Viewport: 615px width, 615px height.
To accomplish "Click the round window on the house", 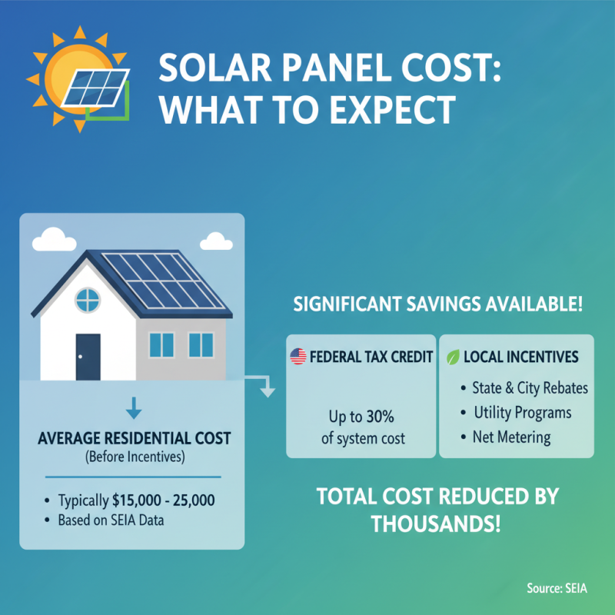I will pyautogui.click(x=88, y=298).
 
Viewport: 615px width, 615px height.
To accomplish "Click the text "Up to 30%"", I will pyautogui.click(x=361, y=418).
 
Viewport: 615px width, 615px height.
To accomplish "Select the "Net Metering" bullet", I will pyautogui.click(x=511, y=437).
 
